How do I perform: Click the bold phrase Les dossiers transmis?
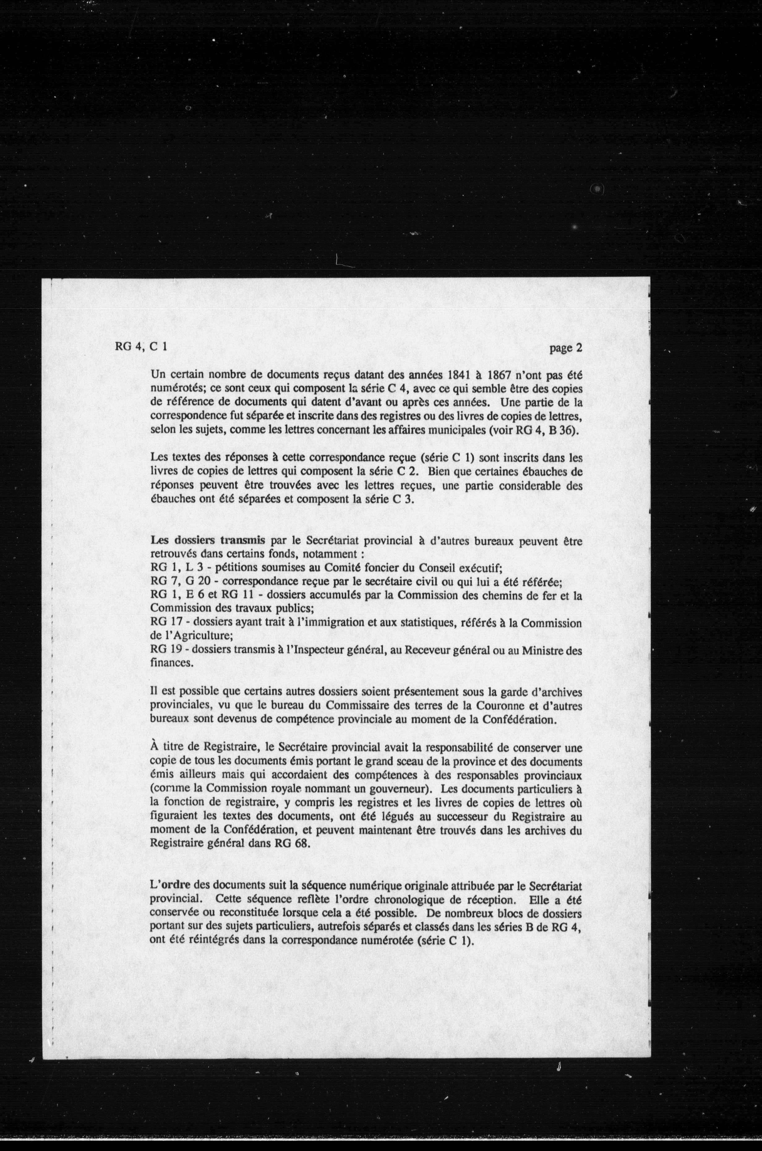(x=208, y=540)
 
